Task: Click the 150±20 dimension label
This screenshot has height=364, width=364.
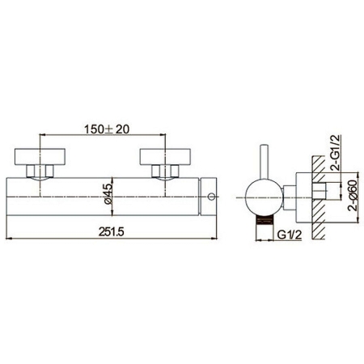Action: (107, 129)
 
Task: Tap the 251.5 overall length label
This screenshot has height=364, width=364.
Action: (111, 231)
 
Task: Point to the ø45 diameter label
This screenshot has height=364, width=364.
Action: (108, 194)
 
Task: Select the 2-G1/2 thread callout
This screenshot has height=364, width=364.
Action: (336, 152)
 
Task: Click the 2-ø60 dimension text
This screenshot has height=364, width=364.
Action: (353, 195)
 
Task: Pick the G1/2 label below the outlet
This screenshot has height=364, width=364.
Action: (290, 235)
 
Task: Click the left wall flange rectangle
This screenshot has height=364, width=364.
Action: (40, 156)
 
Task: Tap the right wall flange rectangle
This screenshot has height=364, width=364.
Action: (165, 156)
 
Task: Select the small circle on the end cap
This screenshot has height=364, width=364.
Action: (212, 197)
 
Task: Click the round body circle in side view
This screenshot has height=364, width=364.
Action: (264, 197)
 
